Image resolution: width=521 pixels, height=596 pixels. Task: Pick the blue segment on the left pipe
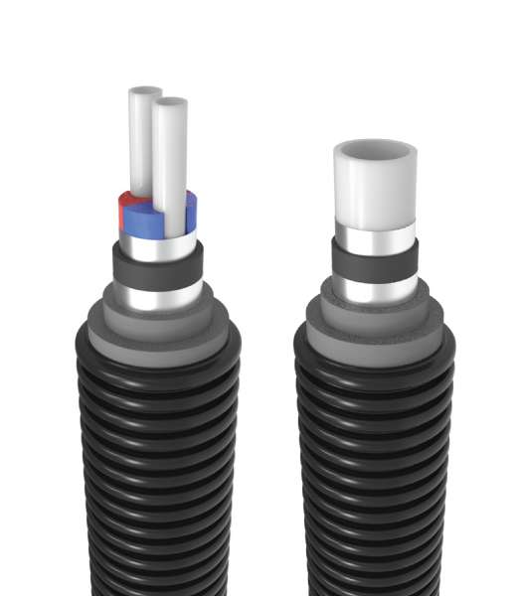190,209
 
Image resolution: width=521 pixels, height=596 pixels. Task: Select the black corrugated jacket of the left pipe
157,467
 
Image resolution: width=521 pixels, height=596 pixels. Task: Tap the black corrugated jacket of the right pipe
374,467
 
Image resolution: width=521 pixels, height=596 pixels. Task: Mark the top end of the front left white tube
171,103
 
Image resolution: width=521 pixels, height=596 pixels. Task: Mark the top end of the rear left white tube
145,91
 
